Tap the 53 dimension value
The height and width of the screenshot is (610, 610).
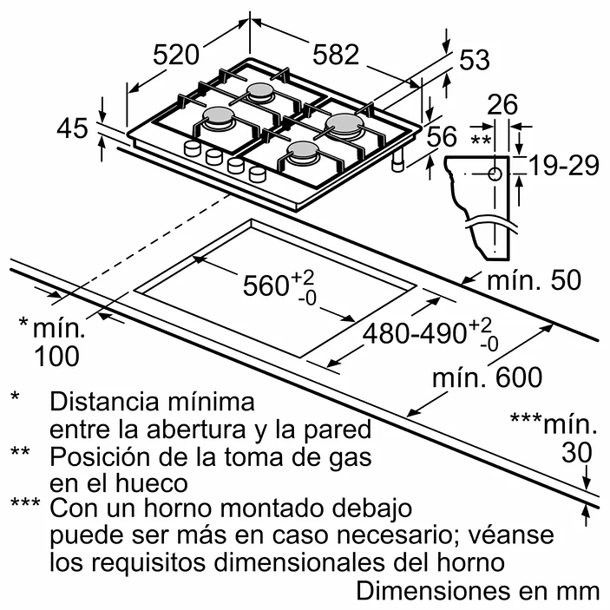474,60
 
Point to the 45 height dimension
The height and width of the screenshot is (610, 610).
72,128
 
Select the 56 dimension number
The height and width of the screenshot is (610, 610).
442,136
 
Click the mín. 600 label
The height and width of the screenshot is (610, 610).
488,377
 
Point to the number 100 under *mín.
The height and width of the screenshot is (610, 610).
56,356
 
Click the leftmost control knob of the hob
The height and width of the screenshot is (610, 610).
191,149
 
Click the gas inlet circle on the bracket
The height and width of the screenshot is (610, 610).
495,173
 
